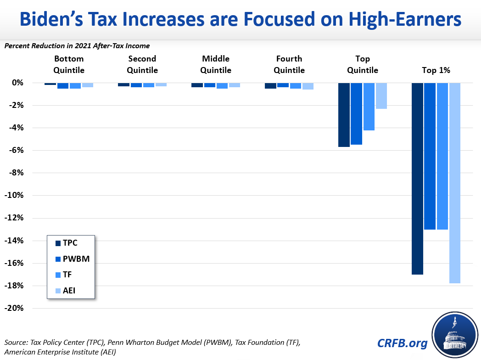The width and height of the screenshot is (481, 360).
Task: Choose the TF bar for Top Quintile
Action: point(369,107)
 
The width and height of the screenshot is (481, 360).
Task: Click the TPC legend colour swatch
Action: point(58,243)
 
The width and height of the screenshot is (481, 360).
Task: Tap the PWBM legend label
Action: point(76,259)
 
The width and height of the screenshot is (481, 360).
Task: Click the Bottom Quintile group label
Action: point(69,64)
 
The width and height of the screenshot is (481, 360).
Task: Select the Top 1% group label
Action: point(436,70)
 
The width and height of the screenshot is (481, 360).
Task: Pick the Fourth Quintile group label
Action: point(289,64)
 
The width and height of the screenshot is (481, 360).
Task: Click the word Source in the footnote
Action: point(17,343)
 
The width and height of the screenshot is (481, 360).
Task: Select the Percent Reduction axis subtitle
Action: point(77,45)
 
